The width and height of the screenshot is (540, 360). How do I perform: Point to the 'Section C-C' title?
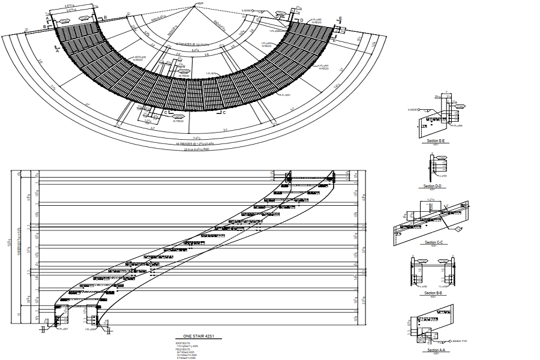[x=433, y=242]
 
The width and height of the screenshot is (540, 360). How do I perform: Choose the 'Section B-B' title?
[x=433, y=293]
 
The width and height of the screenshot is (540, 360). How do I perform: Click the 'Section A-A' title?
[x=433, y=350]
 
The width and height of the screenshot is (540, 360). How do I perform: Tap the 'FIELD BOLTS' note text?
[x=181, y=349]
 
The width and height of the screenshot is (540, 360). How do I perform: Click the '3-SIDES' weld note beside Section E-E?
[x=413, y=110]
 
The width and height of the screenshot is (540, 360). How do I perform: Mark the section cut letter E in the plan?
[x=340, y=20]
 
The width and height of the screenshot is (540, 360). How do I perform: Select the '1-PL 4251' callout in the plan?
[x=284, y=95]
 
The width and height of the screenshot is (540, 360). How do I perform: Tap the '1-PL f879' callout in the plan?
[x=211, y=74]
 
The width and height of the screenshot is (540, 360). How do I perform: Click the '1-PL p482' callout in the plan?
[x=316, y=20]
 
